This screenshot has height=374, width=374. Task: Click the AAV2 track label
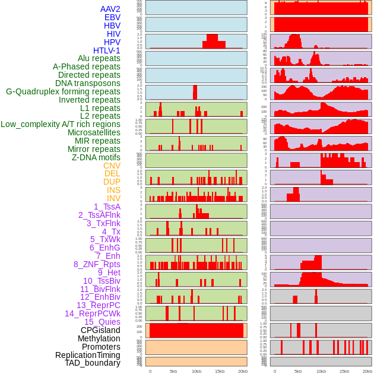(110, 9)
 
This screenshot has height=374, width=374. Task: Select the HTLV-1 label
(106, 50)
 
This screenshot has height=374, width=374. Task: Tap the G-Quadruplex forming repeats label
(63, 91)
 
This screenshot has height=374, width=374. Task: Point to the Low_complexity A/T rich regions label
(61, 124)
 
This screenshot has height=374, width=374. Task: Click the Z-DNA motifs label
(96, 157)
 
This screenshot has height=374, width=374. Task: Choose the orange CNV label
(112, 166)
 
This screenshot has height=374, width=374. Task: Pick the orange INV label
(113, 198)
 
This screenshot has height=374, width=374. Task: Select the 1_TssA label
(107, 207)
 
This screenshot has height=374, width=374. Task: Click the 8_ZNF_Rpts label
(97, 264)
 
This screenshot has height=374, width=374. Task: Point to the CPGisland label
(100, 330)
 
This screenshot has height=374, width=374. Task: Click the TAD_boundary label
(93, 363)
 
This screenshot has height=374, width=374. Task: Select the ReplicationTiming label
(87, 355)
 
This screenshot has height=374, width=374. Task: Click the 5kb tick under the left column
(173, 371)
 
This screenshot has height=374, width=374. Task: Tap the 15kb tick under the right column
(344, 371)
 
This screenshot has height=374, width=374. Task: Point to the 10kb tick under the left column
(196, 371)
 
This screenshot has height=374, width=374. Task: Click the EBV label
(112, 17)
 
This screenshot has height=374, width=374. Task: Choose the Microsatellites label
(94, 132)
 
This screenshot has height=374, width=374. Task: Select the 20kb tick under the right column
(367, 371)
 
